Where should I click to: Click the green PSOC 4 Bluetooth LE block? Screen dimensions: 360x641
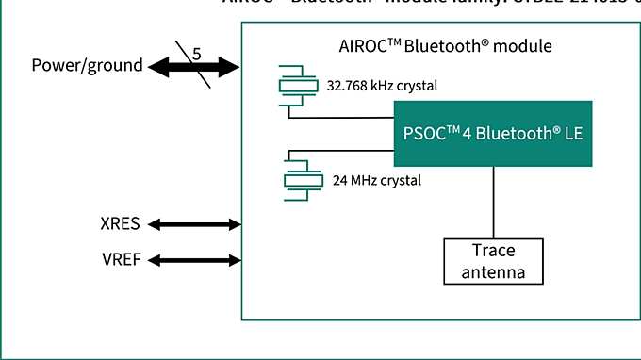pos(492,134)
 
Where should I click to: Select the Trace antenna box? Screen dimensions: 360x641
pos(493,262)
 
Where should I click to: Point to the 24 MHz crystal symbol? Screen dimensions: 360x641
pos(299,180)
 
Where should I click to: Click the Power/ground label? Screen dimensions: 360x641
pos(88,65)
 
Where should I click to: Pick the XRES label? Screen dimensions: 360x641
pos(120,224)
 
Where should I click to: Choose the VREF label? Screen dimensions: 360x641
pos(120,258)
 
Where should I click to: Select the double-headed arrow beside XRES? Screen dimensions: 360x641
pos(195,224)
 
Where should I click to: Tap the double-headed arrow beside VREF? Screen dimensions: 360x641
pos(195,258)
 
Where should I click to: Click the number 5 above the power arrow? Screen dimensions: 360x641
pos(196,55)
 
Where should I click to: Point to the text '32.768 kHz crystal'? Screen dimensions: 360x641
pos(382,86)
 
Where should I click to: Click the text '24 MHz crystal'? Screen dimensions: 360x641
pos(377,180)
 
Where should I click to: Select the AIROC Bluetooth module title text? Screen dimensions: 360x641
pos(445,46)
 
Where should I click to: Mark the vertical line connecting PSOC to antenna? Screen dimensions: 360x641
pos(493,203)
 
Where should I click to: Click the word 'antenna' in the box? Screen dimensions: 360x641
pos(493,273)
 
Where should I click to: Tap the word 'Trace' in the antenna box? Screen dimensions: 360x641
pos(493,252)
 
